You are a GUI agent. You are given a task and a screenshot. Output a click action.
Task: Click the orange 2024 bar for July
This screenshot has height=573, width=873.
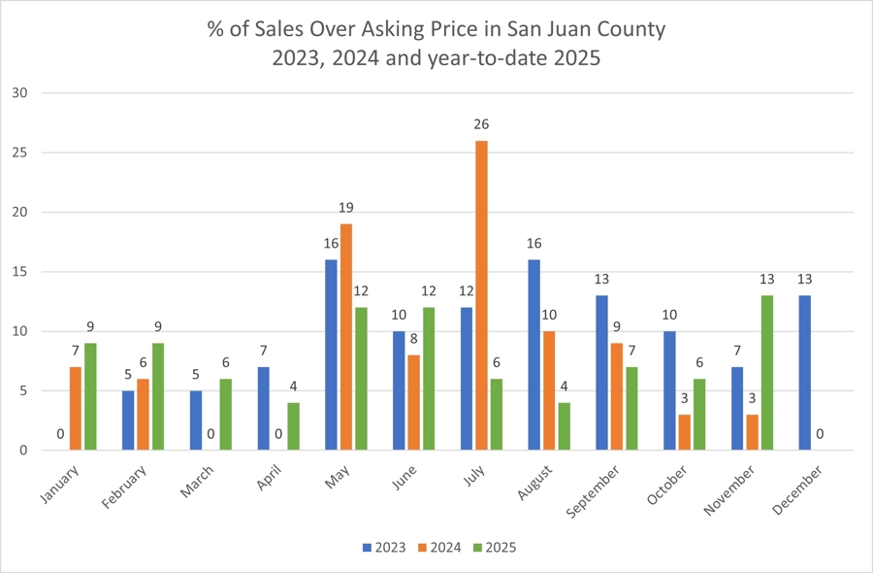coord(481,295)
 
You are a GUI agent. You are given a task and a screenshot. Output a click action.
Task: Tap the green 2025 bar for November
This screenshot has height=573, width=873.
coord(768,373)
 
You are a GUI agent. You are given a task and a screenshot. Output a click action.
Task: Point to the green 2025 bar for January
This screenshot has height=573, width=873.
coord(90,396)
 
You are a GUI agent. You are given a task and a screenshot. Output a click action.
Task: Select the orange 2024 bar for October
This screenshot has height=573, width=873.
coord(685,432)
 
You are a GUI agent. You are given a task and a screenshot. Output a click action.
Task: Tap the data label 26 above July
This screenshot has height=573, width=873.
coord(481,125)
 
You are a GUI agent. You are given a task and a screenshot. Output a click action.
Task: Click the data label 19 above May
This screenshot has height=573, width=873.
coord(346,209)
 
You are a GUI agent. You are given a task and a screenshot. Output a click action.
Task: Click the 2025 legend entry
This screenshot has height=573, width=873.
coord(494,548)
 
